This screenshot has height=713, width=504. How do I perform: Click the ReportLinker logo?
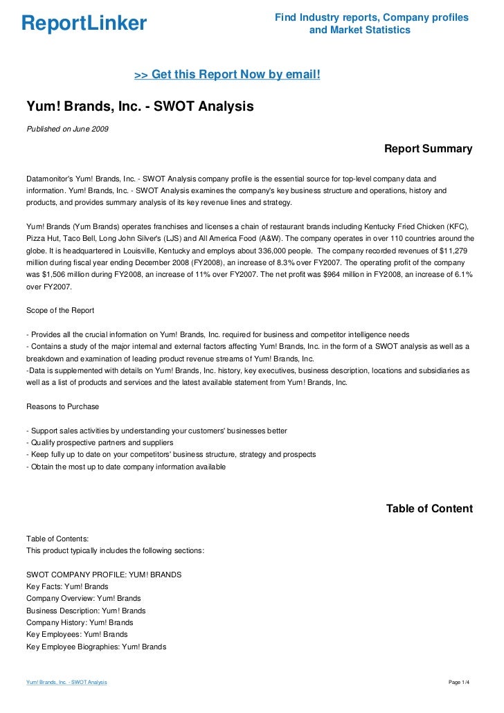[x=84, y=24]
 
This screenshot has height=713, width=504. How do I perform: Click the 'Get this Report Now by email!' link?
[x=227, y=74]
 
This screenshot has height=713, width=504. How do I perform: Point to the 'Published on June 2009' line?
[x=66, y=129]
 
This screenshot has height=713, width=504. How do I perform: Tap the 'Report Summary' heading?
[x=428, y=149]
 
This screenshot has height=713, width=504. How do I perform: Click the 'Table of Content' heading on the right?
[x=429, y=509]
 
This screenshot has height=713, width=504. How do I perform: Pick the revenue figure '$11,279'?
[x=456, y=250]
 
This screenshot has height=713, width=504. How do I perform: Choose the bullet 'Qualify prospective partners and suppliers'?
[x=101, y=442]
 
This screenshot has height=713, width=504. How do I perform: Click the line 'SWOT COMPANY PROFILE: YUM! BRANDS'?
[x=103, y=575]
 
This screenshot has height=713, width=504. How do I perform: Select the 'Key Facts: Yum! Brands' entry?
[x=66, y=586]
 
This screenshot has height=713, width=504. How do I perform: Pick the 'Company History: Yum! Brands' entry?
[x=80, y=622]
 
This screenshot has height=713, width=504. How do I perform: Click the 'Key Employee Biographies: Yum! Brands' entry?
[x=96, y=647]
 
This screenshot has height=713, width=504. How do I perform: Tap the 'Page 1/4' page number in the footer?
[x=460, y=683]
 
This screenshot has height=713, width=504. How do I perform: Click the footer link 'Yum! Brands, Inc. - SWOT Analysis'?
[x=66, y=683]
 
